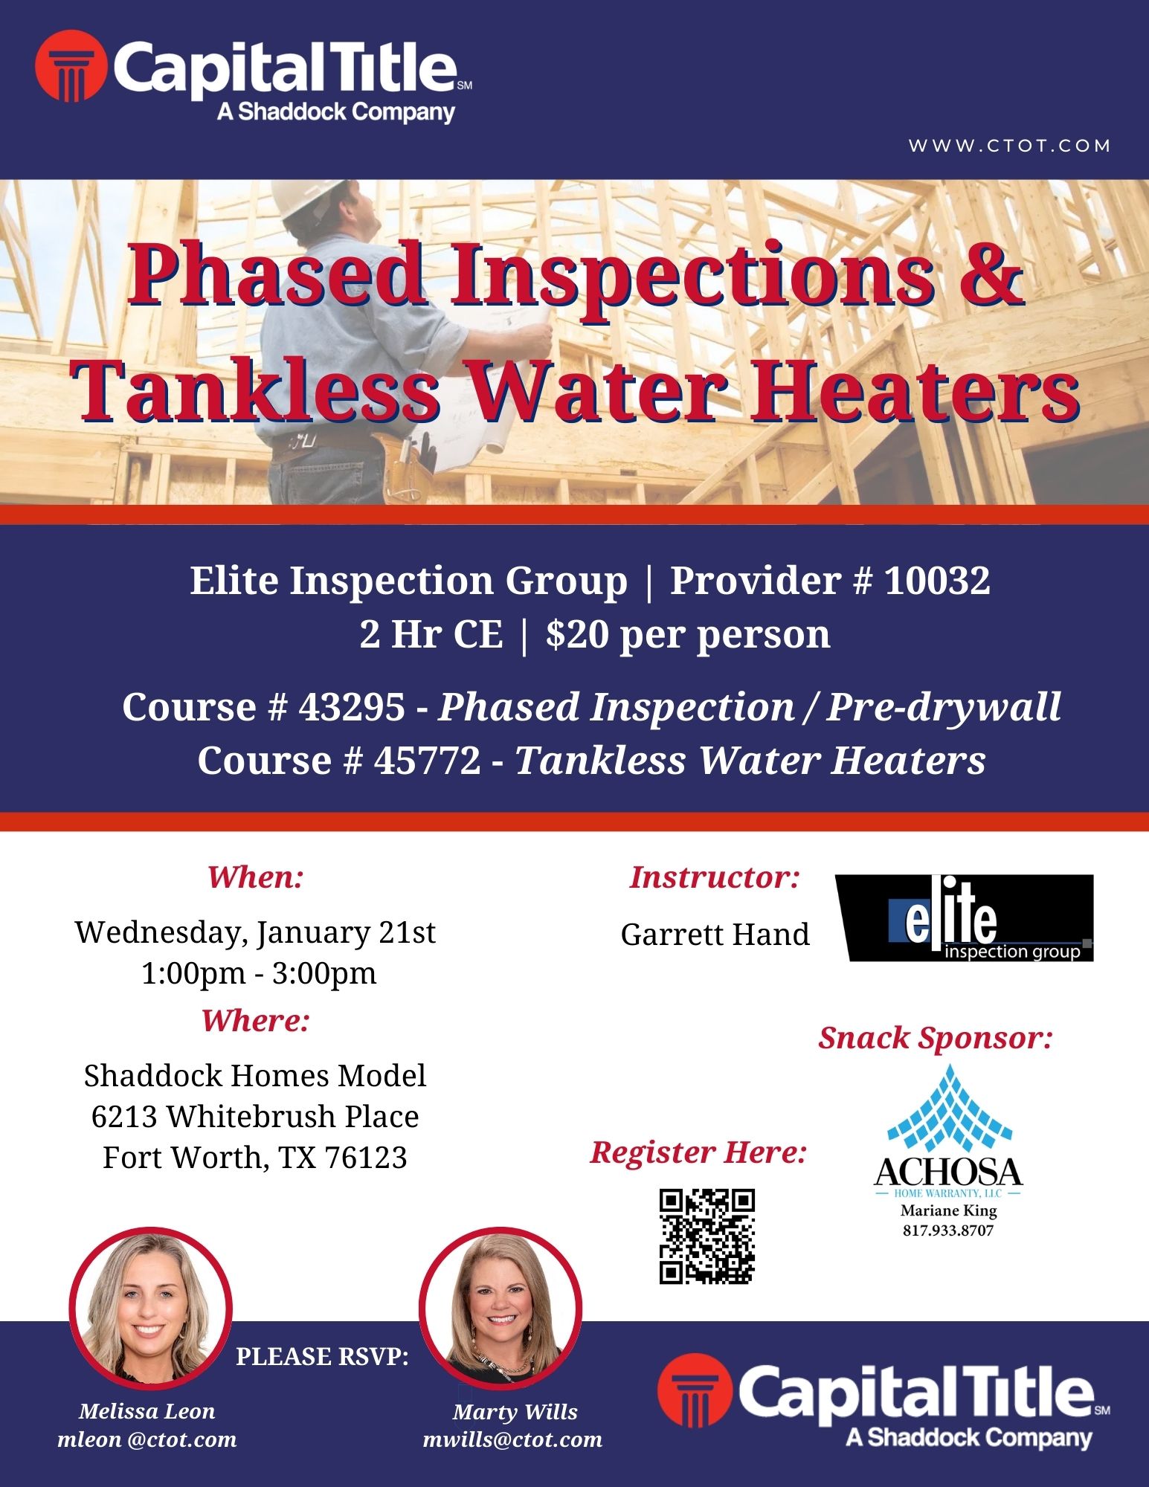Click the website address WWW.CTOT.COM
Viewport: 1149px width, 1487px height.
click(1009, 146)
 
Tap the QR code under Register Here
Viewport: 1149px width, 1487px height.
click(707, 1236)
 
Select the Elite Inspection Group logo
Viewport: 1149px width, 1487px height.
click(965, 918)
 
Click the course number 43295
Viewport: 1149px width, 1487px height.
click(352, 707)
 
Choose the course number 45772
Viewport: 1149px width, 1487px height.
click(428, 761)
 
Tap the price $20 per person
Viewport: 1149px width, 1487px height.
click(688, 635)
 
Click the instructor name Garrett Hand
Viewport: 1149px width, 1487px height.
click(715, 935)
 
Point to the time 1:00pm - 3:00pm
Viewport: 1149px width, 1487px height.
click(259, 973)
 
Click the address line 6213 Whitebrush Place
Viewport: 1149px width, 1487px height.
click(255, 1117)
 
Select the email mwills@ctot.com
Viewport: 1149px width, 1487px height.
click(512, 1439)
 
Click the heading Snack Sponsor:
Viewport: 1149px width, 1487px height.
click(936, 1038)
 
